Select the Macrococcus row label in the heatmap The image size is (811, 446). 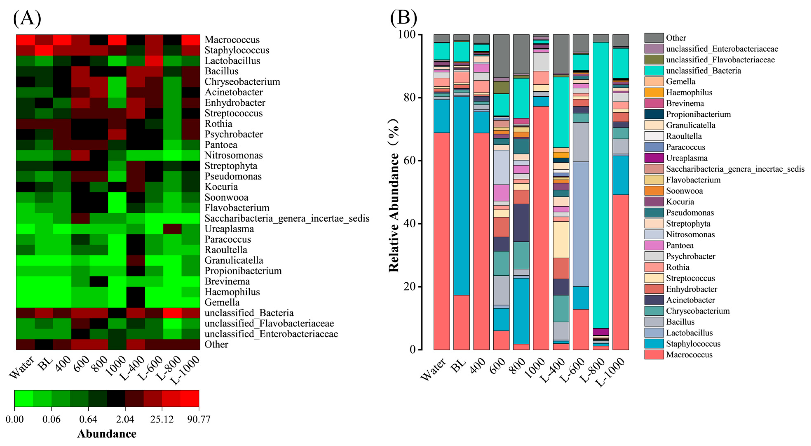point(232,40)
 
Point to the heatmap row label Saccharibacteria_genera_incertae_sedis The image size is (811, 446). point(287,218)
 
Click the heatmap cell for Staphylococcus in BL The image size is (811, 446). point(44,50)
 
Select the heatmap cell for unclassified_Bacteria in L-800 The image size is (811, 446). point(172,313)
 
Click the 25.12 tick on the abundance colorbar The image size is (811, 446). point(162,419)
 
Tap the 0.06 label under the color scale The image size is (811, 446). point(51,419)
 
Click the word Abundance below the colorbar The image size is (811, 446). point(107,434)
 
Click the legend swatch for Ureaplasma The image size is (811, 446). point(654,158)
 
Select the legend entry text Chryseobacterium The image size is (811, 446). point(698,311)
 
